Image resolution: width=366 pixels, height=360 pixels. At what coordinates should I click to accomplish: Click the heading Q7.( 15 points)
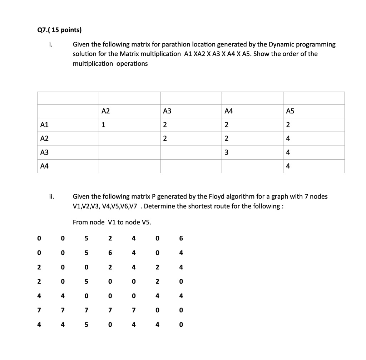(x=59, y=30)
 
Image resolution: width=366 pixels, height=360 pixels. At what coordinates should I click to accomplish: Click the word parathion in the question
(x=176, y=45)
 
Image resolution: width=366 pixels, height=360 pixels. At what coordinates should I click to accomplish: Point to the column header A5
(x=290, y=111)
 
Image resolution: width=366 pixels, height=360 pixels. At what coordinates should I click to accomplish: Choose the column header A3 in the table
(x=167, y=111)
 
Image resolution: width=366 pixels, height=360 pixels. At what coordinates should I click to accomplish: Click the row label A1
(x=44, y=125)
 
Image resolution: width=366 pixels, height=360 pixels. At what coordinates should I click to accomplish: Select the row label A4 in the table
(x=44, y=166)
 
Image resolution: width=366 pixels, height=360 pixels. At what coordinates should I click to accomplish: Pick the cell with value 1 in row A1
(x=103, y=125)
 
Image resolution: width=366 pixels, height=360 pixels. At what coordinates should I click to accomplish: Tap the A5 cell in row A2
(x=288, y=138)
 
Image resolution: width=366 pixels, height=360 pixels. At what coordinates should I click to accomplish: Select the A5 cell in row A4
(x=288, y=166)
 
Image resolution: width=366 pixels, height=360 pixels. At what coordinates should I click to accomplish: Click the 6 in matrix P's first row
(x=181, y=238)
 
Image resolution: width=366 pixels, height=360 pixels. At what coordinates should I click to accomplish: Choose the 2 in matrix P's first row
(x=110, y=238)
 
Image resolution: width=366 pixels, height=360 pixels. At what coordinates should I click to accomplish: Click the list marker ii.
(x=52, y=196)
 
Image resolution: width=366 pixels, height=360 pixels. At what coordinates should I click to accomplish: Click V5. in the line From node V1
(x=147, y=222)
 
